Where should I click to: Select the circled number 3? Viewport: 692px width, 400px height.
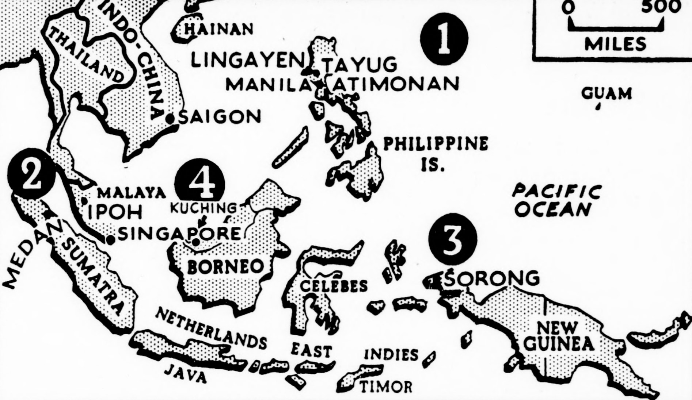(x=453, y=239)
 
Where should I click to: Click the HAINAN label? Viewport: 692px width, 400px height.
(x=218, y=29)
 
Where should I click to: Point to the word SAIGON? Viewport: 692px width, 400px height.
(x=220, y=117)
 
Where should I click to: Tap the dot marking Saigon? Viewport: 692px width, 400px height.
(x=170, y=119)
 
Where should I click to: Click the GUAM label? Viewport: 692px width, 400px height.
(x=607, y=93)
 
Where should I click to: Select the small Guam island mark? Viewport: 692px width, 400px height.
(x=598, y=107)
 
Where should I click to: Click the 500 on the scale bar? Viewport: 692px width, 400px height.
(x=660, y=7)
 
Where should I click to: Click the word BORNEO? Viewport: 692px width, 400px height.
(x=225, y=267)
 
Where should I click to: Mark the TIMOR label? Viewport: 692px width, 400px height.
(x=386, y=386)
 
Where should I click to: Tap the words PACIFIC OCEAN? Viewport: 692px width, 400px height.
(x=556, y=201)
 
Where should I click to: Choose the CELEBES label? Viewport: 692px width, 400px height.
(x=334, y=286)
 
